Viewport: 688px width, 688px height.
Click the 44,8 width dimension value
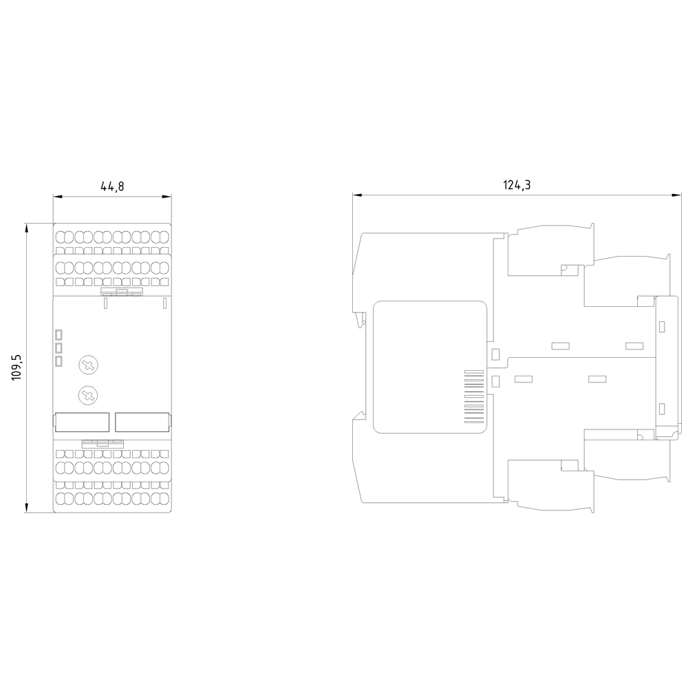click(112, 186)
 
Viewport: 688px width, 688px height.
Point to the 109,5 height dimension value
click(17, 367)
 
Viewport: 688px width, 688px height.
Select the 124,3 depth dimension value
click(517, 184)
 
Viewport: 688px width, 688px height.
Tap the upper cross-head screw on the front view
click(88, 365)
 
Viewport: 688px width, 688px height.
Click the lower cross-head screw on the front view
click(88, 396)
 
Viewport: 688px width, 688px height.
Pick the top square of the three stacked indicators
click(58, 335)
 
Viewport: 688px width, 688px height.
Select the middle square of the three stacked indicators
click(58, 348)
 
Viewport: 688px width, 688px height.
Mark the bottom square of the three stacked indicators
click(58, 361)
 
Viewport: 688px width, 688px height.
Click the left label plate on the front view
click(82, 422)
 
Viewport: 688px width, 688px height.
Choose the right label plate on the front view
click(142, 422)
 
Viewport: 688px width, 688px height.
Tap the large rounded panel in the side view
click(430, 367)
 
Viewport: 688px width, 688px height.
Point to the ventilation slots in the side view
click(474, 397)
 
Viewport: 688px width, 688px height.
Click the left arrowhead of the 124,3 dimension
click(356, 195)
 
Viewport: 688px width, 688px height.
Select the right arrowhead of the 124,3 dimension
click(678, 195)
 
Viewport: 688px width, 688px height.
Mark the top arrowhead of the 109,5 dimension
click(27, 227)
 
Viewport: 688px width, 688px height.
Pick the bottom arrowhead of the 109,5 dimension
click(27, 508)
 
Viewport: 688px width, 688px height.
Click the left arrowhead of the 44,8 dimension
click(58, 196)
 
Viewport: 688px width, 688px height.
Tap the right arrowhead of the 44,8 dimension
click(166, 196)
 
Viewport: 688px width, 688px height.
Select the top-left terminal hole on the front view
click(61, 237)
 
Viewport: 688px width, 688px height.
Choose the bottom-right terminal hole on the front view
click(164, 498)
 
